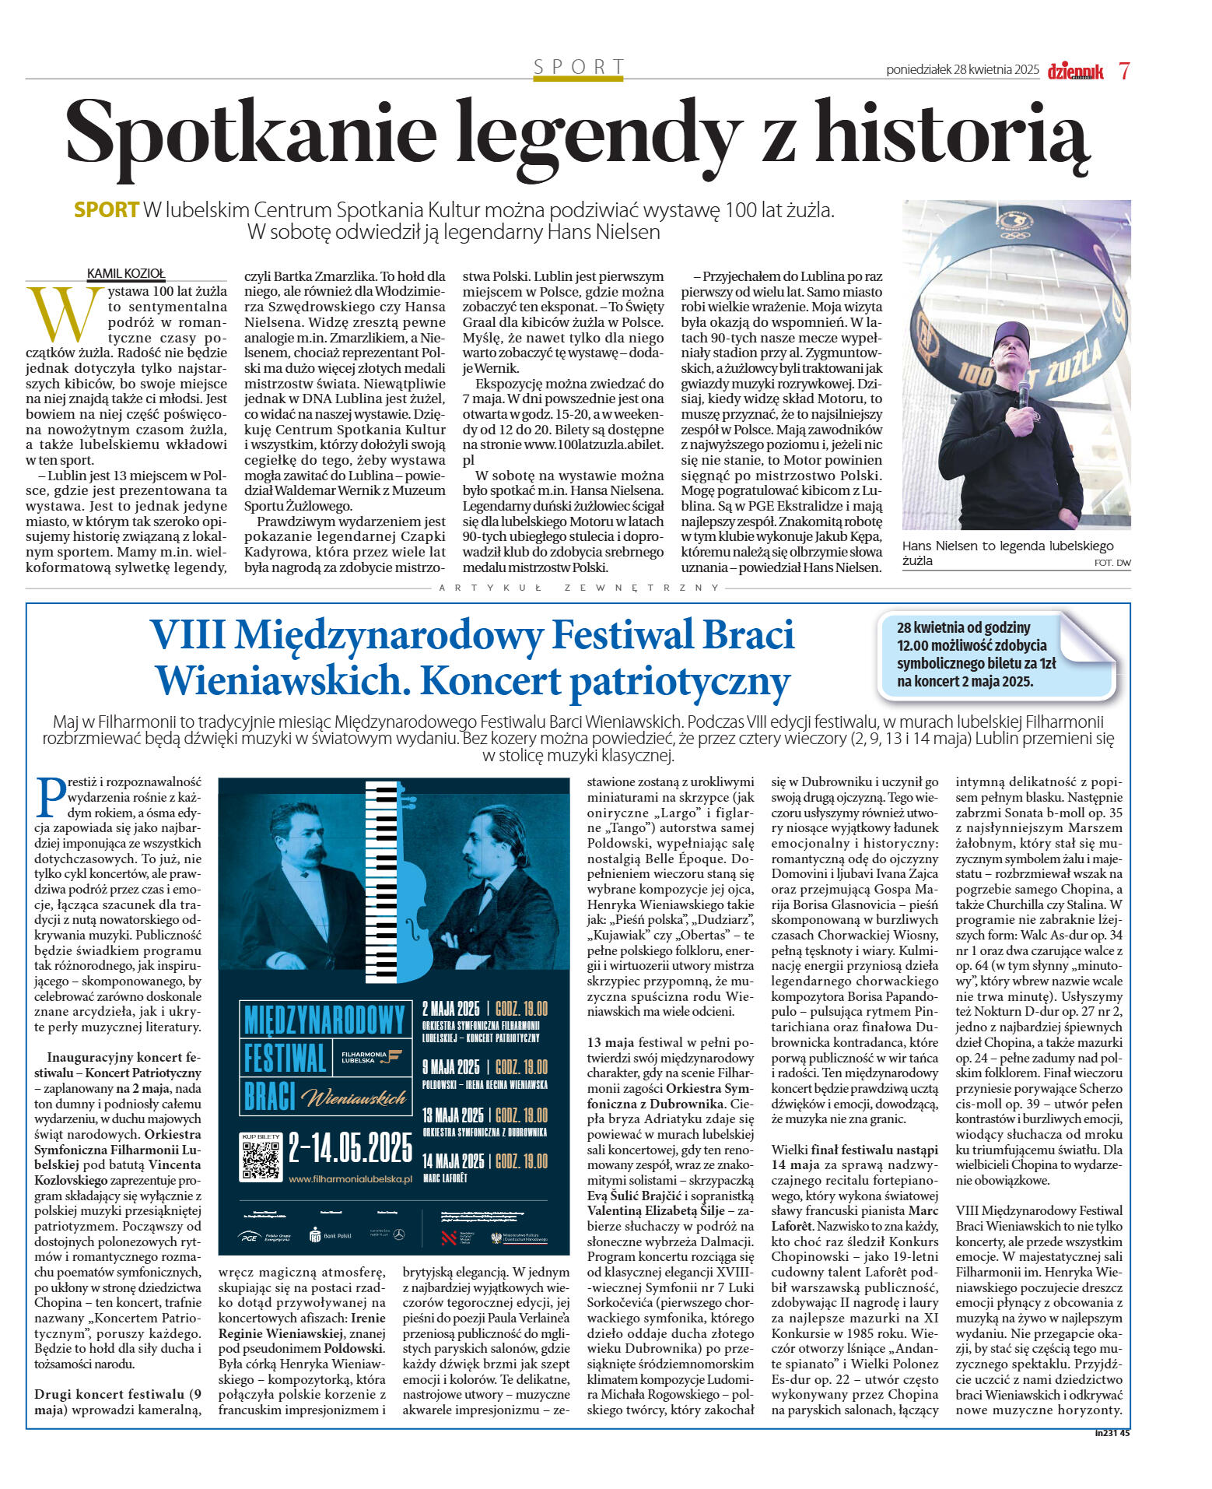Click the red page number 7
[x=1124, y=71]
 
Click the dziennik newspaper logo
[x=1075, y=71]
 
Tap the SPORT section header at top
[x=579, y=67]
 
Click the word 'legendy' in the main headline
[x=597, y=132]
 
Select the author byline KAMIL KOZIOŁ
[x=126, y=273]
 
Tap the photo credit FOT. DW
[x=1112, y=563]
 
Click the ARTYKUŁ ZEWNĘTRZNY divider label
[x=580, y=588]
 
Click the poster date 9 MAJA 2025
[x=451, y=1066]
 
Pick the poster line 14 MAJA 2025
[x=453, y=1161]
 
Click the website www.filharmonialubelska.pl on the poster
[x=349, y=1179]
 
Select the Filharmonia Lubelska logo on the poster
[x=373, y=1056]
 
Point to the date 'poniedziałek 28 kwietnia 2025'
[x=962, y=70]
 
